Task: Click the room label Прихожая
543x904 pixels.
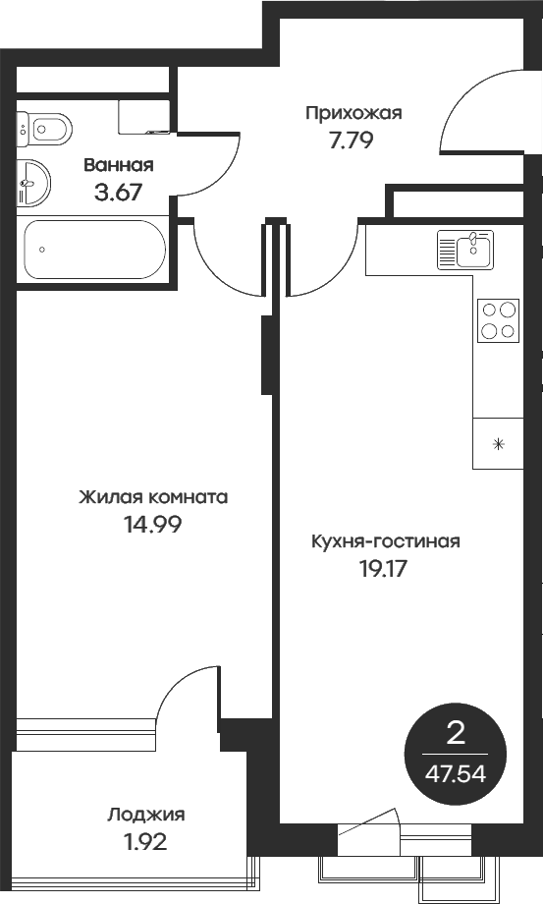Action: click(x=353, y=113)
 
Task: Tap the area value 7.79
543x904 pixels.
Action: click(x=352, y=139)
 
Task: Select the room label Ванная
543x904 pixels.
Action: click(x=118, y=165)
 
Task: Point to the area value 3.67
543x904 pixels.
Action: click(x=118, y=192)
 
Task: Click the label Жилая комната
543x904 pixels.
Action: click(x=153, y=497)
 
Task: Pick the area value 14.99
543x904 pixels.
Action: click(x=152, y=524)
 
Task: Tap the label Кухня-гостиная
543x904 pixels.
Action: click(x=385, y=541)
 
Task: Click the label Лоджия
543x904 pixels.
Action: click(x=146, y=814)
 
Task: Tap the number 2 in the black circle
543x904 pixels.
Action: click(x=456, y=733)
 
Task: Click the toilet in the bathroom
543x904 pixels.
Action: click(x=44, y=127)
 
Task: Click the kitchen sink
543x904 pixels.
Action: click(x=465, y=249)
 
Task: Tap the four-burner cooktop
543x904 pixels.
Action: click(x=498, y=319)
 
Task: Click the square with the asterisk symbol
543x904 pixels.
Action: click(x=498, y=443)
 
